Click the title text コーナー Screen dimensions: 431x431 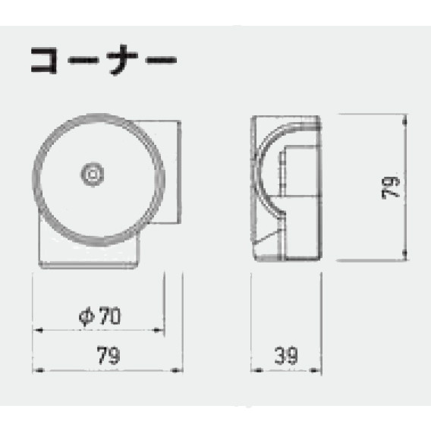104,60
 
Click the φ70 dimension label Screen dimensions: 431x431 99,316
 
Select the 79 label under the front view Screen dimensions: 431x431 109,355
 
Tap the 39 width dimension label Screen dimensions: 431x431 286,356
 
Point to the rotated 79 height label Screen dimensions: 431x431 391,187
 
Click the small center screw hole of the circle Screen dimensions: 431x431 93,175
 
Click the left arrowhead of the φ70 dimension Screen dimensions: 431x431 37,330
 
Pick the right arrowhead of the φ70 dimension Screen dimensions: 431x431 159,330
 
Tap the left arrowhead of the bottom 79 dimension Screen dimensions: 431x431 38,370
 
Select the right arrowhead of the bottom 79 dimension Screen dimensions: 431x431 177,370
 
